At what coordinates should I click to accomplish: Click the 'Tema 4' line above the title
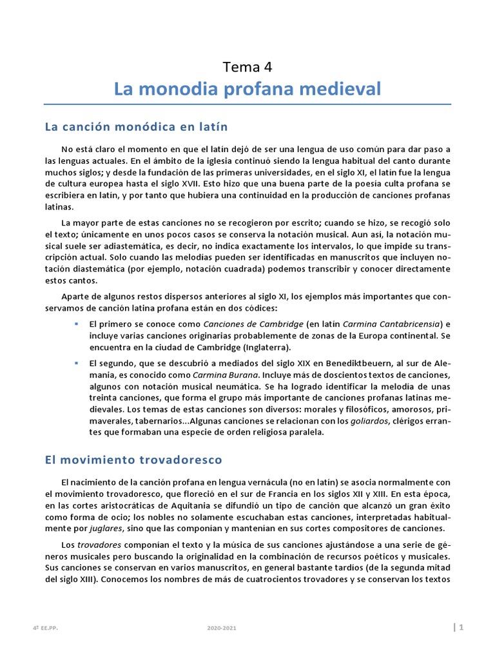click(x=247, y=66)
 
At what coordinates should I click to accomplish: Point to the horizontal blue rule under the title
click(x=247, y=104)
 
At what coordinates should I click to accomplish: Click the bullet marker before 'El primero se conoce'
click(x=77, y=324)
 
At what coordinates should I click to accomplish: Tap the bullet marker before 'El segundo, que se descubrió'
click(x=77, y=362)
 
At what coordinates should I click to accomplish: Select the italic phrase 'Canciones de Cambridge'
click(x=253, y=324)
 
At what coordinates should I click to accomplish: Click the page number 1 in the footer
click(x=461, y=627)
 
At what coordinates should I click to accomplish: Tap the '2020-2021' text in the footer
click(x=218, y=628)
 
